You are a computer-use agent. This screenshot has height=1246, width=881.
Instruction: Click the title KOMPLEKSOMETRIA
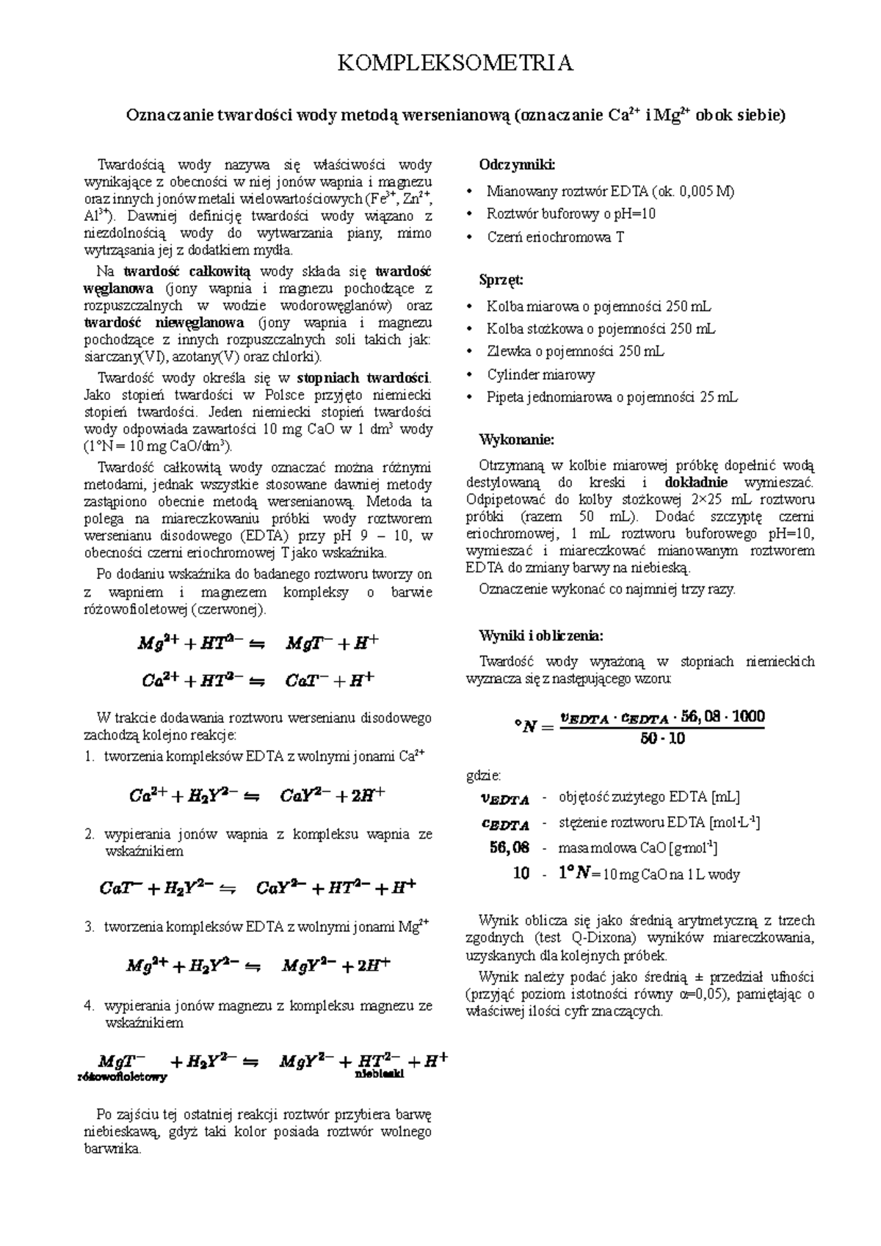(x=454, y=63)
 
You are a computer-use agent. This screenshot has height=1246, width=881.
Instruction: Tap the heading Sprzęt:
(x=501, y=280)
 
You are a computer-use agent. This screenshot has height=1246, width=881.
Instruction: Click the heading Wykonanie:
(x=516, y=440)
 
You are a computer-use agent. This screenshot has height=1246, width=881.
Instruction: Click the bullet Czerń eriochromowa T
(x=555, y=237)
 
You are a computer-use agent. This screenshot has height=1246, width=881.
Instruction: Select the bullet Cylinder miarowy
(x=540, y=374)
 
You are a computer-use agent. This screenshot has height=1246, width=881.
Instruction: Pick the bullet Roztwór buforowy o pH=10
(x=570, y=214)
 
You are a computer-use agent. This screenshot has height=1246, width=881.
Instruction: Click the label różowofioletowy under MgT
(x=122, y=1077)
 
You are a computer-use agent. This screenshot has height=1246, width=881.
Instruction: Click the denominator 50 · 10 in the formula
(x=662, y=739)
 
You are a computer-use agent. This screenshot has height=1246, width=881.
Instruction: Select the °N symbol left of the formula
(x=532, y=726)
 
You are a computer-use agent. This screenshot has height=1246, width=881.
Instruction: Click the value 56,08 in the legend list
(x=509, y=848)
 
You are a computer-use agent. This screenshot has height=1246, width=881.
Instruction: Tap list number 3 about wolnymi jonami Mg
(x=89, y=927)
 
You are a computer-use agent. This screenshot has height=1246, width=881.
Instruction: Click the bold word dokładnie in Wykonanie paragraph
(x=695, y=482)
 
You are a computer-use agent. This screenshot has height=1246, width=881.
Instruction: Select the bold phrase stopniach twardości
(x=363, y=378)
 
